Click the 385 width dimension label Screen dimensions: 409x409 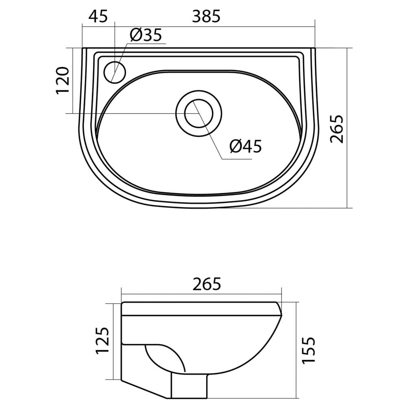pyautogui.click(x=206, y=16)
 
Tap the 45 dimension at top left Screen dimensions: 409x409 pyautogui.click(x=98, y=16)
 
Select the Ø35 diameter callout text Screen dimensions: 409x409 pyautogui.click(x=146, y=35)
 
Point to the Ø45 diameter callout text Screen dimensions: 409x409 pyautogui.click(x=245, y=146)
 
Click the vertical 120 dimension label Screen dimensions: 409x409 pyautogui.click(x=62, y=80)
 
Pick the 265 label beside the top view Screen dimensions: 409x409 pyautogui.click(x=337, y=129)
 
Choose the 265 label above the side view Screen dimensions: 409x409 pyautogui.click(x=207, y=284)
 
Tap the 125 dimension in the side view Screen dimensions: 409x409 pyautogui.click(x=103, y=340)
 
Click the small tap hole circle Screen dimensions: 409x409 pyautogui.click(x=115, y=72)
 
